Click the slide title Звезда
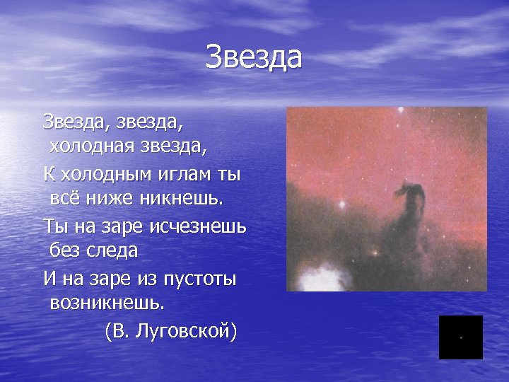254,57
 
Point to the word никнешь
182,198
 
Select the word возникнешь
107,303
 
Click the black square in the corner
460,337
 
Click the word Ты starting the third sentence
56,226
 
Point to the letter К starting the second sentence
49,173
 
